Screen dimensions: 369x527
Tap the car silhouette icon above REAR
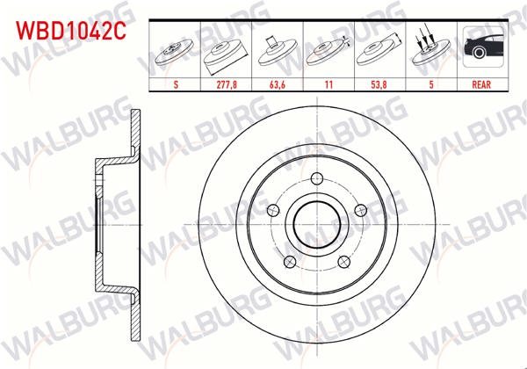(480, 51)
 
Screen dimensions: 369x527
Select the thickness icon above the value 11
(328, 53)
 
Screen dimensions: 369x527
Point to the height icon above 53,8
(379, 53)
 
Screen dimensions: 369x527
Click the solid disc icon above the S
(176, 53)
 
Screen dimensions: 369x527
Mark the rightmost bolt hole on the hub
(360, 209)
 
